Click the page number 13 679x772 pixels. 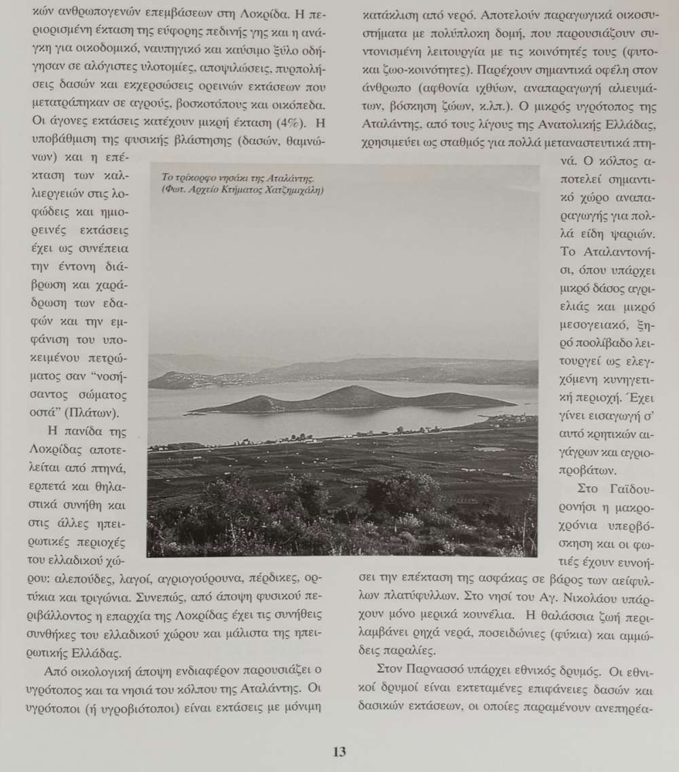pyautogui.click(x=339, y=752)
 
